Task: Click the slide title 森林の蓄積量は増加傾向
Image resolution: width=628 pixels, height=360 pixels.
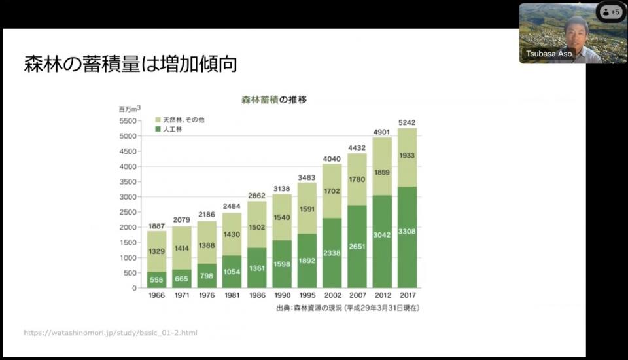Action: click(130, 64)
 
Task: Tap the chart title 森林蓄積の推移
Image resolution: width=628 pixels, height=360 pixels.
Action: click(265, 100)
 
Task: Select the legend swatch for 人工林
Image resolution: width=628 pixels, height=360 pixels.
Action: click(158, 130)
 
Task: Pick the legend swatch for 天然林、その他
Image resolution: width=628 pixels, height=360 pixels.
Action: click(158, 120)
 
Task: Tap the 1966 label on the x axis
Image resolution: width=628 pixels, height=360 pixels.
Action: click(156, 296)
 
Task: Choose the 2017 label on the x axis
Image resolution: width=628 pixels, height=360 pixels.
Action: click(406, 296)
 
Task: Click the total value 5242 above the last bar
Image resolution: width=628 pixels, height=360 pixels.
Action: click(406, 122)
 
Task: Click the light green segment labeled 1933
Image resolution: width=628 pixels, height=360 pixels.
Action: click(406, 155)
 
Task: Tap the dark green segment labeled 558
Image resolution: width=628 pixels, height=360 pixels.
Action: click(156, 279)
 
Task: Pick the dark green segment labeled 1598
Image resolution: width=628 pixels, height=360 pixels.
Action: click(281, 264)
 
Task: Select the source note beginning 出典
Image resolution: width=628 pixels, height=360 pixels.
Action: click(347, 308)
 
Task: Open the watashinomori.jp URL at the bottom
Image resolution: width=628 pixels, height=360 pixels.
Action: click(111, 333)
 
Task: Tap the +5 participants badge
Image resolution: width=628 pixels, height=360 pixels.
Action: click(611, 12)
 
